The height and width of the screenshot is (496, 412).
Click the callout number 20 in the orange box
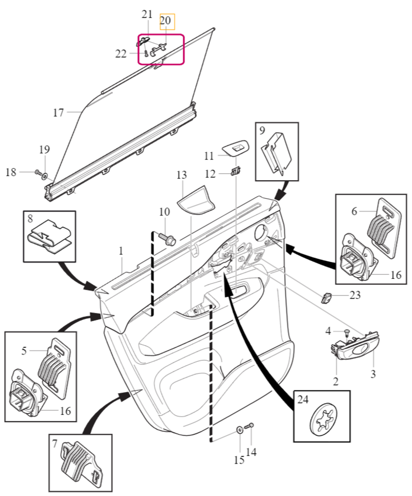[165, 21]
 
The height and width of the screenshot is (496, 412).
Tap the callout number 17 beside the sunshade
[58, 113]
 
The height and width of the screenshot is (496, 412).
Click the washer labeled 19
[45, 175]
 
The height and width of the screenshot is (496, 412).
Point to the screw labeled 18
[38, 172]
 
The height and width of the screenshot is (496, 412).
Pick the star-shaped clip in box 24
[323, 419]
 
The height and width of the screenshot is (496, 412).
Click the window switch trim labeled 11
[235, 148]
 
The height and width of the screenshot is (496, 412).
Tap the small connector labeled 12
[235, 171]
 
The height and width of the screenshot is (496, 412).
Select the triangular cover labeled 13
[195, 200]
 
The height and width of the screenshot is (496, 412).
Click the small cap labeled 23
[327, 298]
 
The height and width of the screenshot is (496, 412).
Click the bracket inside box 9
[276, 152]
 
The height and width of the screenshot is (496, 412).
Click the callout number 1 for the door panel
[121, 251]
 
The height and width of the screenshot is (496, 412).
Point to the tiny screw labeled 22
[146, 52]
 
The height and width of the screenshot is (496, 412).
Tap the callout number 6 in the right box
[354, 211]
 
